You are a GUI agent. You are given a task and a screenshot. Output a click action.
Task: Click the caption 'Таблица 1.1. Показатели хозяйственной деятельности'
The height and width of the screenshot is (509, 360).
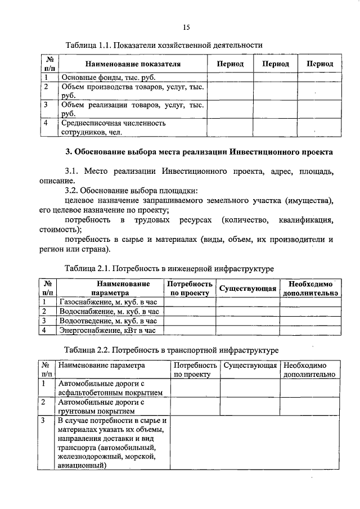pyautogui.click(x=164, y=44)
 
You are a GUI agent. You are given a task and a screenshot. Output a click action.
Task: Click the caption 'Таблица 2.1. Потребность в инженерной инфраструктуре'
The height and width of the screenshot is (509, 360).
pyautogui.click(x=169, y=269)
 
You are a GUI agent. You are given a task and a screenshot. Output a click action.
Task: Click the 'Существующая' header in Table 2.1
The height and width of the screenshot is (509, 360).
pyautogui.click(x=247, y=289)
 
